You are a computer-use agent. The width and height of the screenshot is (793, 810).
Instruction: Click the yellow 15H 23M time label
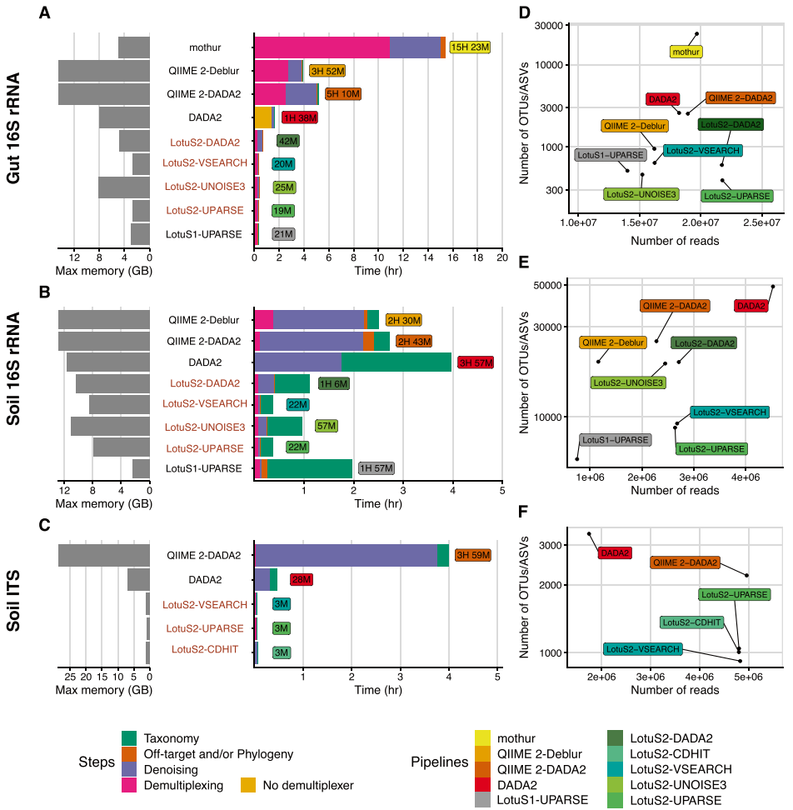[x=470, y=47]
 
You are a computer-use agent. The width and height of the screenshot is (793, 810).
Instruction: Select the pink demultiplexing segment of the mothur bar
[x=322, y=47]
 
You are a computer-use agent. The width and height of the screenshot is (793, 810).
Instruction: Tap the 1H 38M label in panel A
[x=300, y=117]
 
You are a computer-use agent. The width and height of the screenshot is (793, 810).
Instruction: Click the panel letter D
[x=525, y=12]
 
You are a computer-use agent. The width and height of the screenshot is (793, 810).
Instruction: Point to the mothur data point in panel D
[x=696, y=34]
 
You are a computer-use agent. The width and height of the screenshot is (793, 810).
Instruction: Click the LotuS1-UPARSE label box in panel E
[x=615, y=440]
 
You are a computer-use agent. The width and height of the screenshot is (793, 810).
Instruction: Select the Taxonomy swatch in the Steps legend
[x=129, y=738]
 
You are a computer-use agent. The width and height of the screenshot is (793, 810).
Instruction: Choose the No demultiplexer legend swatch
[x=248, y=785]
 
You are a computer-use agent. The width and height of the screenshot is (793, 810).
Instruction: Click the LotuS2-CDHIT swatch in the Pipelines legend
[x=615, y=753]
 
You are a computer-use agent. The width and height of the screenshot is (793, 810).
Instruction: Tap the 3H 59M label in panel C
[x=473, y=555]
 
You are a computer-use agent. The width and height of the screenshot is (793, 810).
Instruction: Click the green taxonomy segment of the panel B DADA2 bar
[x=396, y=362]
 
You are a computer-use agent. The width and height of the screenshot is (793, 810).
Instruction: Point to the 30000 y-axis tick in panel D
[x=548, y=26]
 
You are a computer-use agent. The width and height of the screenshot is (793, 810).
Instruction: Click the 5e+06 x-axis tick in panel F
[x=748, y=677]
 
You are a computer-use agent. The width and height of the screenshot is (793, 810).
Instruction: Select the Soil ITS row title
[x=12, y=601]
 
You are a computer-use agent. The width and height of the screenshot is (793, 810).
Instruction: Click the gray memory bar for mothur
[x=134, y=47]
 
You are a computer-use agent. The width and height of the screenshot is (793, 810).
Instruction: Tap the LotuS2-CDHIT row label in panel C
[x=205, y=649]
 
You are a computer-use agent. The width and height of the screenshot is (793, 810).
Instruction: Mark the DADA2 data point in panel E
[x=773, y=287]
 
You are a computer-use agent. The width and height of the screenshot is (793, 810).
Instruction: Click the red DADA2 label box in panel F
[x=615, y=553]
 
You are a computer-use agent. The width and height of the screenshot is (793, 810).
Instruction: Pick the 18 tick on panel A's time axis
[x=477, y=257]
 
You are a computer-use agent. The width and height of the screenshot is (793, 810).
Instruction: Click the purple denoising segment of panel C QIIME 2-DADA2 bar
[x=347, y=555]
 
